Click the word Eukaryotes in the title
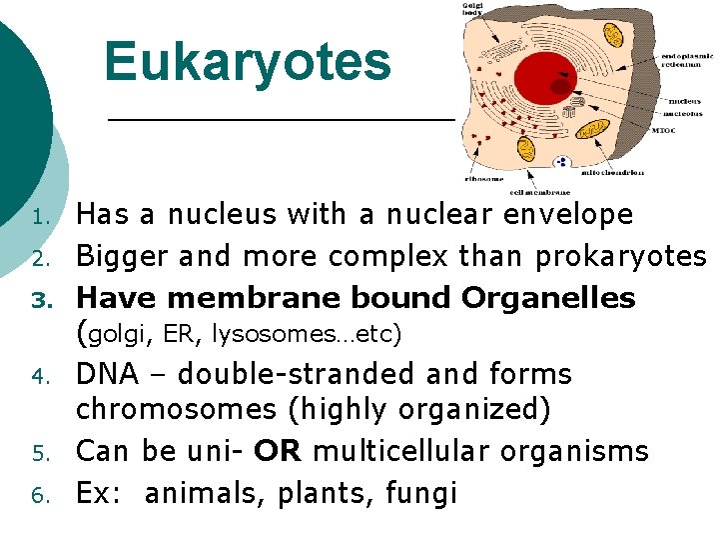pyautogui.click(x=248, y=61)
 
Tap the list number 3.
pyautogui.click(x=39, y=299)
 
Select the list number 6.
pyautogui.click(x=39, y=494)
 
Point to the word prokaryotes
pyautogui.click(x=621, y=257)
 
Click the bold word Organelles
pyautogui.click(x=548, y=298)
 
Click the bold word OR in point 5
pyautogui.click(x=279, y=451)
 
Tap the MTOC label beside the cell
pyautogui.click(x=665, y=130)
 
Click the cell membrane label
pyautogui.click(x=539, y=191)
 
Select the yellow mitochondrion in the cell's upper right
pyautogui.click(x=614, y=35)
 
